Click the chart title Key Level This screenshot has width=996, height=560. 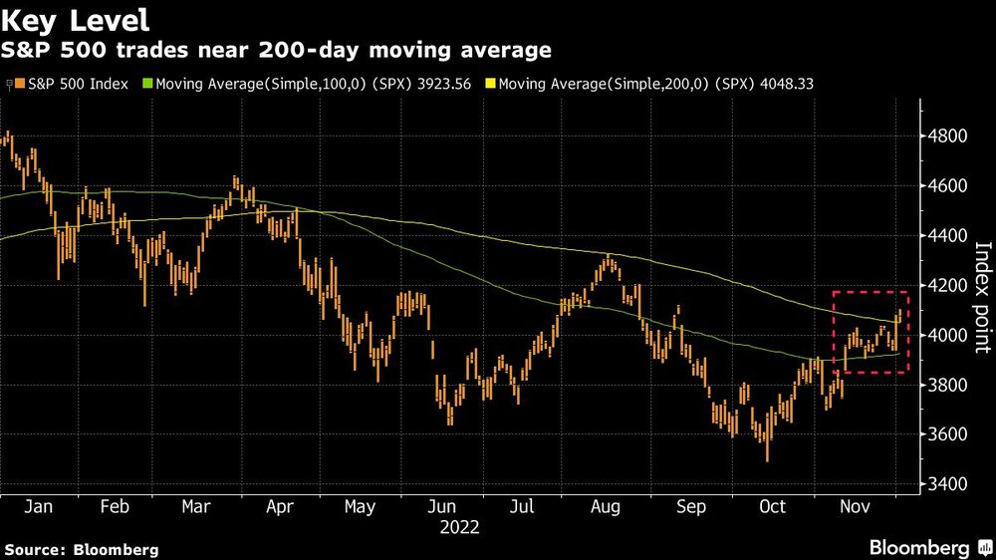pyautogui.click(x=78, y=19)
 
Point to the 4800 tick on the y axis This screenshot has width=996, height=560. pyautogui.click(x=951, y=137)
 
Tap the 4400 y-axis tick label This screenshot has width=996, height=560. pyautogui.click(x=951, y=236)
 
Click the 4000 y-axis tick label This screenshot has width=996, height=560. pyautogui.click(x=951, y=336)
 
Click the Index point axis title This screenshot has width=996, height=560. pyautogui.click(x=982, y=297)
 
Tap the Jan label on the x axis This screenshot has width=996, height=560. pyautogui.click(x=37, y=507)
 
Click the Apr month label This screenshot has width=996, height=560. pyautogui.click(x=279, y=507)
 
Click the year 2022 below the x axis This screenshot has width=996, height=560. pyautogui.click(x=459, y=527)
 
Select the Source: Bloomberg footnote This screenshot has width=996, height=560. pyautogui.click(x=82, y=549)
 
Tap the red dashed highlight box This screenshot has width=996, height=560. pyautogui.click(x=871, y=292)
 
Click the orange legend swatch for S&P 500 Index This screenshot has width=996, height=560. pyautogui.click(x=21, y=85)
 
